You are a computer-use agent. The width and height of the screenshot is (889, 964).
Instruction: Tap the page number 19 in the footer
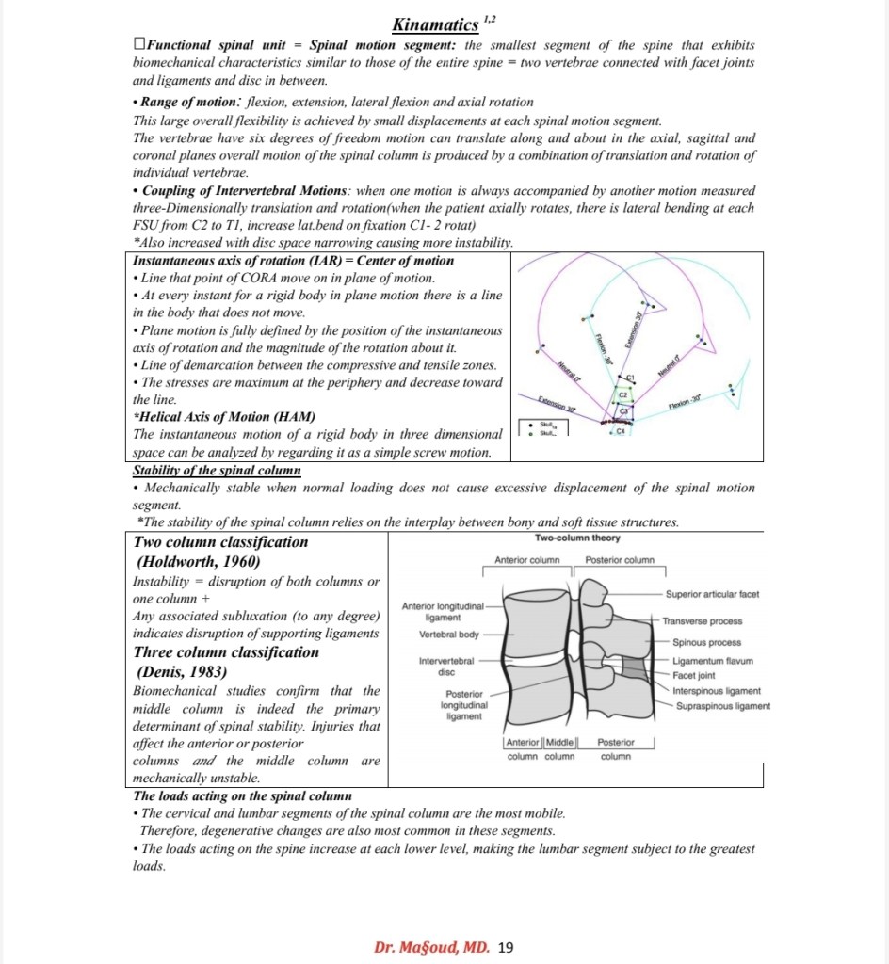(505, 947)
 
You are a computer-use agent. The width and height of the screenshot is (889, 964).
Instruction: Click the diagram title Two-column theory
(577, 538)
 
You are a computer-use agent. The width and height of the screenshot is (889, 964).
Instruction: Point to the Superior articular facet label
(712, 594)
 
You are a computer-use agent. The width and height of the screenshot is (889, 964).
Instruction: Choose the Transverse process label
(702, 621)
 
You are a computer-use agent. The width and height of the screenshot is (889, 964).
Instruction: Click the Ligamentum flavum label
(713, 661)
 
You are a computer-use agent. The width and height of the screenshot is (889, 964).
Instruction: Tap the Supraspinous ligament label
(721, 706)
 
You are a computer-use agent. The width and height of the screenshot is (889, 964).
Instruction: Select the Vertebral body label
(449, 635)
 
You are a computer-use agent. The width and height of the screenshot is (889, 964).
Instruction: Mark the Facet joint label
(694, 676)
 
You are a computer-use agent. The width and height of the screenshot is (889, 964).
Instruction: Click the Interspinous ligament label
(717, 691)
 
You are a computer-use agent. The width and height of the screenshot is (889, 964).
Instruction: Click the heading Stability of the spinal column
(217, 470)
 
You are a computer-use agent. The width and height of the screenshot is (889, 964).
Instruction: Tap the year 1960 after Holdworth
(238, 562)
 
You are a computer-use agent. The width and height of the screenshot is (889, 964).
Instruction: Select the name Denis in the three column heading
(164, 672)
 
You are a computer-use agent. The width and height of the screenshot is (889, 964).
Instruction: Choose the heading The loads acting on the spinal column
(243, 795)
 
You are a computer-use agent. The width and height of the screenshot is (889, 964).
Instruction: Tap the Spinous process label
(706, 642)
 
